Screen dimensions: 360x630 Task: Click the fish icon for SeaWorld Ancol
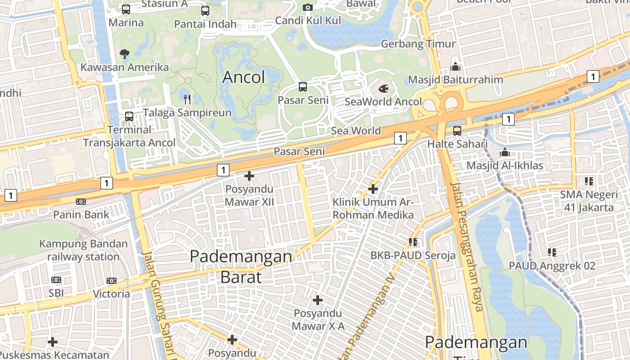click(x=383, y=88)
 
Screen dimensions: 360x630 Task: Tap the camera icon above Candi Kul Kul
click(x=308, y=7)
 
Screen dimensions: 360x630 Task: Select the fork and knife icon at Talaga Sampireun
click(x=187, y=99)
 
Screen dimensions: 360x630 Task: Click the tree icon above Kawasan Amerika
click(x=124, y=54)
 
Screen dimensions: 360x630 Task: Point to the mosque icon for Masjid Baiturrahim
click(x=455, y=67)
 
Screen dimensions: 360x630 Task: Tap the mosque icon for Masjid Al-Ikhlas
click(x=504, y=152)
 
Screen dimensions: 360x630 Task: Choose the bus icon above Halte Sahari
click(x=457, y=131)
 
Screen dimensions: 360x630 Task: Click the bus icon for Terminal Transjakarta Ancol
click(x=129, y=117)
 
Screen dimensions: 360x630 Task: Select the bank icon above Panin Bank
click(x=81, y=201)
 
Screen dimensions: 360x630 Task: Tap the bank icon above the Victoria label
click(x=111, y=281)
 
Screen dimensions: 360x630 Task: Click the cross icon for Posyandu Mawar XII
click(x=249, y=176)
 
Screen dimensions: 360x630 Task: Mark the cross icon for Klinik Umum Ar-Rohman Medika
click(x=373, y=189)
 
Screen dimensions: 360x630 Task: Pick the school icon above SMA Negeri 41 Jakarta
click(x=589, y=181)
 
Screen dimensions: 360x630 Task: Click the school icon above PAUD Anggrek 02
click(x=552, y=252)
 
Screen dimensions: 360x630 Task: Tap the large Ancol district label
click(x=243, y=77)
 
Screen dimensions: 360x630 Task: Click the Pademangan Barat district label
click(x=241, y=266)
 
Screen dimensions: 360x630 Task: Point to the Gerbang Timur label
click(x=418, y=44)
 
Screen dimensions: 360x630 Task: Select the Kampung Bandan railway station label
click(x=83, y=251)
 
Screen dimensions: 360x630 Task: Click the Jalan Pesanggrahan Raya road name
click(x=466, y=247)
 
